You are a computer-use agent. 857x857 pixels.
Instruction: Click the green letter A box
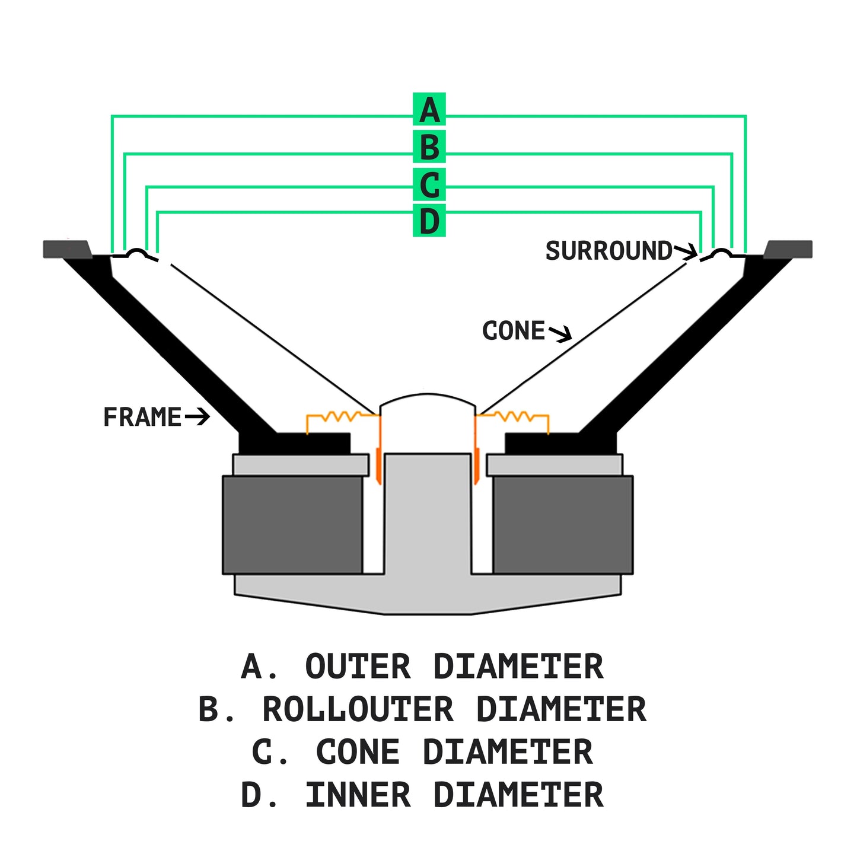pyautogui.click(x=429, y=110)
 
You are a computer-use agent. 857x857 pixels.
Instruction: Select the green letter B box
pyautogui.click(x=429, y=146)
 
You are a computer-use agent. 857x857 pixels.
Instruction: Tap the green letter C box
pyautogui.click(x=429, y=184)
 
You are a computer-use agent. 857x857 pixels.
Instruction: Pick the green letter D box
pyautogui.click(x=429, y=221)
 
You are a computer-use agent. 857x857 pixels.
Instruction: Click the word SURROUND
pyautogui.click(x=608, y=251)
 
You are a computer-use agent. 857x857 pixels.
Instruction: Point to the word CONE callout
pyautogui.click(x=513, y=331)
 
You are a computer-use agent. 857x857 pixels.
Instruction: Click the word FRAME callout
pyautogui.click(x=142, y=417)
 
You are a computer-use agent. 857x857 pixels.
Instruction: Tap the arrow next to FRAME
pyautogui.click(x=197, y=417)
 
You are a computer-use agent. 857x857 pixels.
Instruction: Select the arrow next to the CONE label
pyautogui.click(x=560, y=333)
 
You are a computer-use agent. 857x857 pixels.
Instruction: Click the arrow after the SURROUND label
pyautogui.click(x=686, y=251)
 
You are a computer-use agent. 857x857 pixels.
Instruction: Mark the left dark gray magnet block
pyautogui.click(x=292, y=525)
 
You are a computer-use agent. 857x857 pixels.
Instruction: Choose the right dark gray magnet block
pyautogui.click(x=563, y=525)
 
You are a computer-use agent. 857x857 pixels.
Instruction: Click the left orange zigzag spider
pyautogui.click(x=341, y=416)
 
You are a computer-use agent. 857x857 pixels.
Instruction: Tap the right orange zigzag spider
pyautogui.click(x=514, y=416)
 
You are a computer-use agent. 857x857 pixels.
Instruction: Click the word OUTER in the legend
pyautogui.click(x=358, y=667)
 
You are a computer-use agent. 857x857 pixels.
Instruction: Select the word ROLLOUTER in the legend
pyautogui.click(x=358, y=709)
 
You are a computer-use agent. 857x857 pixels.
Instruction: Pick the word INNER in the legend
pyautogui.click(x=358, y=795)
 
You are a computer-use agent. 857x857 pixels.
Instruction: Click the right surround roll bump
pyautogui.click(x=721, y=253)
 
